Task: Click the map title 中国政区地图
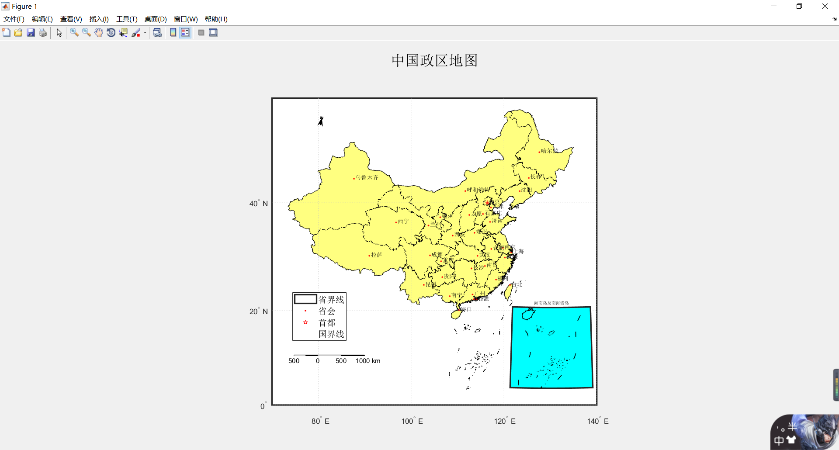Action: click(x=434, y=60)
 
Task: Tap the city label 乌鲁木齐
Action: click(x=367, y=178)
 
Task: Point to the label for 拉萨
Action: click(x=376, y=255)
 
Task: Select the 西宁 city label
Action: click(x=403, y=222)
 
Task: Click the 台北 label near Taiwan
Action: click(x=517, y=284)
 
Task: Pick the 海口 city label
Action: click(x=466, y=309)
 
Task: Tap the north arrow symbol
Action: click(x=321, y=121)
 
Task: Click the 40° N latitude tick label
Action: click(x=258, y=204)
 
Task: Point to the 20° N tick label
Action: click(x=258, y=312)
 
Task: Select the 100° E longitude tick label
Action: click(x=412, y=421)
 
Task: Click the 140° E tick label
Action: click(x=598, y=421)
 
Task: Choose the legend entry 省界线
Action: click(x=331, y=300)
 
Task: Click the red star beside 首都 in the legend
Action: click(x=305, y=322)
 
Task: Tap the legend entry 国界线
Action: click(x=331, y=334)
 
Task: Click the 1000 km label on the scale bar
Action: click(x=367, y=361)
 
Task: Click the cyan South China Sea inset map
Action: click(x=551, y=347)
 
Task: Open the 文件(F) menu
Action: click(x=14, y=19)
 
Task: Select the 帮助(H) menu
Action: click(x=216, y=19)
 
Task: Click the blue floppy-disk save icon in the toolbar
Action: click(x=31, y=33)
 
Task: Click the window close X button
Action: click(x=825, y=6)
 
